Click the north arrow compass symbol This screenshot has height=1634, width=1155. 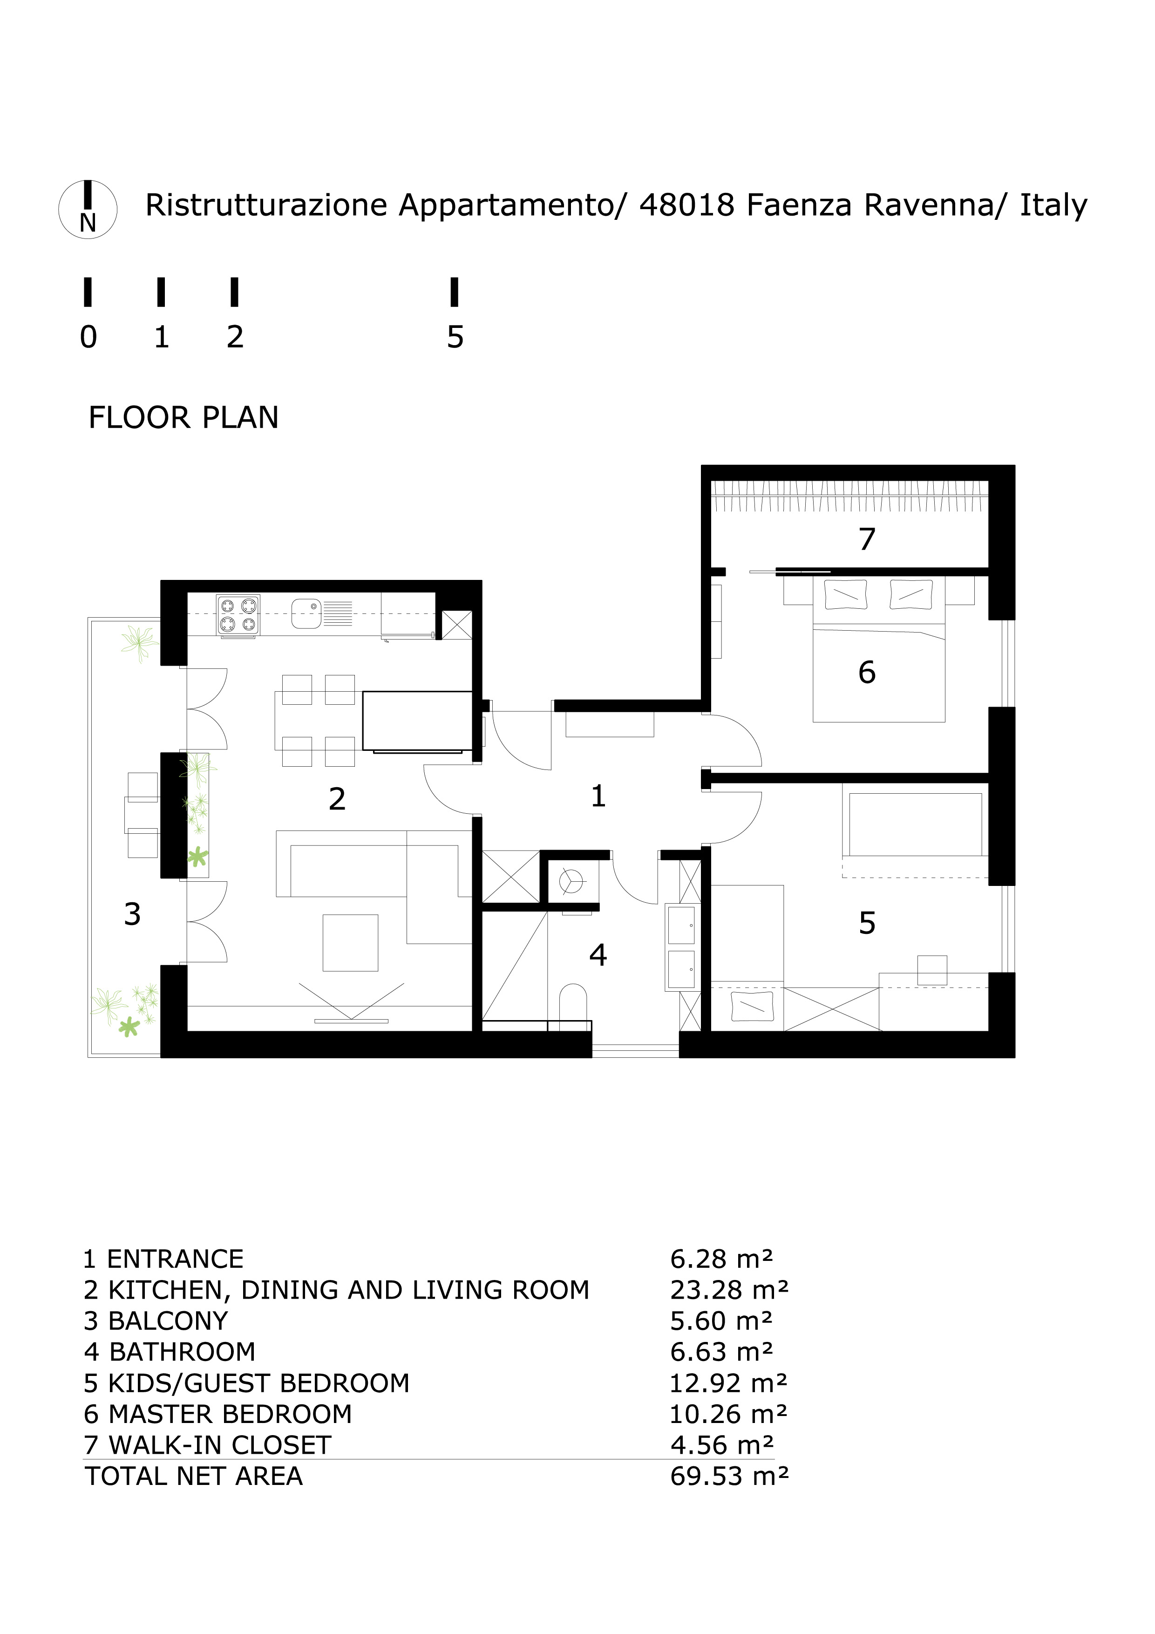point(88,209)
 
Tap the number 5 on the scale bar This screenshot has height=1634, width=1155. point(455,337)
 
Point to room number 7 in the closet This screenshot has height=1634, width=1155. point(866,539)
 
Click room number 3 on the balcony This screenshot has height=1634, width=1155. point(132,914)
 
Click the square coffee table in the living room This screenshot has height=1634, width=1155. point(350,943)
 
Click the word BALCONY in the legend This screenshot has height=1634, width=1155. point(168,1321)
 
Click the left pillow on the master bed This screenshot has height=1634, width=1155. point(845,595)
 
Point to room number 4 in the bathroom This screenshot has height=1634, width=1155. point(598,955)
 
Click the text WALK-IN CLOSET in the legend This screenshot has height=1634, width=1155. point(220,1445)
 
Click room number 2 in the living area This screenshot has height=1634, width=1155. point(337,799)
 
